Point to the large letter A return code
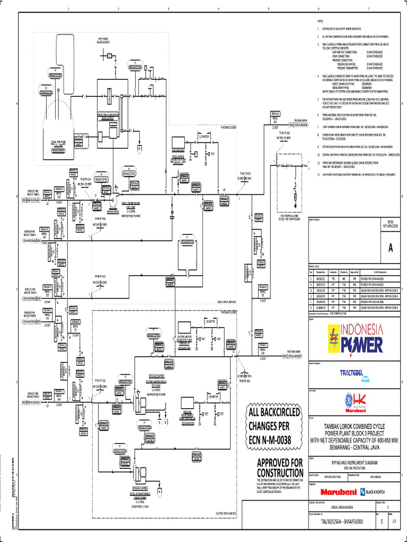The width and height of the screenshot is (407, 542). click(391, 249)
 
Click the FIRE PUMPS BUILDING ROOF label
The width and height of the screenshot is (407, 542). click(107, 41)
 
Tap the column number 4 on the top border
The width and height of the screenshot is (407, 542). click(218, 9)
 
